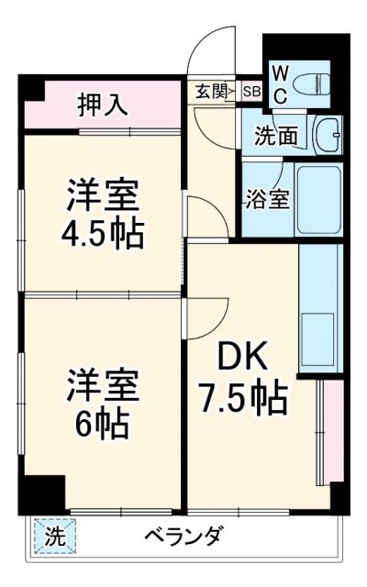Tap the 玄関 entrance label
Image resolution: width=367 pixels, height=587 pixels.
209,91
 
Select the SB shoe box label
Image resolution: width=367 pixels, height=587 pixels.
250,91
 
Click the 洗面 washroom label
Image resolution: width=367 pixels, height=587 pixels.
275,137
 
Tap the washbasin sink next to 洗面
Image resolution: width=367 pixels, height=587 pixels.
326,136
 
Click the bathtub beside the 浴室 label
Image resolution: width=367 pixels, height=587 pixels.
318,199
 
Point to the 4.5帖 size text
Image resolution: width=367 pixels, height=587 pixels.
102,236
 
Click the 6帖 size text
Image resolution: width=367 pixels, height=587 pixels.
102,425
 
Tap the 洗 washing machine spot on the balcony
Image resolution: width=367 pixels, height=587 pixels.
55,537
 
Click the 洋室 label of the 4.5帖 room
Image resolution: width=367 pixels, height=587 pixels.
102,196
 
